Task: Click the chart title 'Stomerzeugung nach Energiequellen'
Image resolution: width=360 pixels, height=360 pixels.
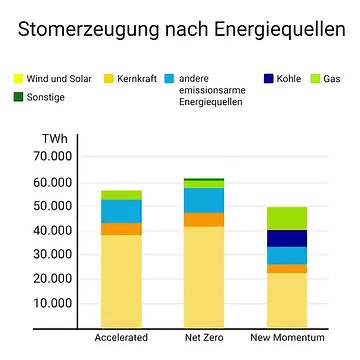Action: pyautogui.click(x=180, y=29)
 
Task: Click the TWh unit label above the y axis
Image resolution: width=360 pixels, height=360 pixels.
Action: pyautogui.click(x=55, y=138)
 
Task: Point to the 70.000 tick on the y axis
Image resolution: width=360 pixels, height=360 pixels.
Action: pyautogui.click(x=53, y=157)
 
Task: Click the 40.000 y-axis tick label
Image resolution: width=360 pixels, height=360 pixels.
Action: pyautogui.click(x=53, y=230)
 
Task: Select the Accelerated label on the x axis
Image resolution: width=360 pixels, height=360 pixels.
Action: pyautogui.click(x=121, y=338)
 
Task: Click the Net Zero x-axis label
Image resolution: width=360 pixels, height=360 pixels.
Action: pyautogui.click(x=204, y=338)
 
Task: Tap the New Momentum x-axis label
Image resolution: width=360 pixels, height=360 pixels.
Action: pyautogui.click(x=287, y=338)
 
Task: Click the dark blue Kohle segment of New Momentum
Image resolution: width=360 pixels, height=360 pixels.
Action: pyautogui.click(x=287, y=238)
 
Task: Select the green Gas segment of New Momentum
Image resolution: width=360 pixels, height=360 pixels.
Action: pyautogui.click(x=287, y=218)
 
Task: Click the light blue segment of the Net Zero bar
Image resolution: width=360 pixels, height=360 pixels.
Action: pyautogui.click(x=204, y=200)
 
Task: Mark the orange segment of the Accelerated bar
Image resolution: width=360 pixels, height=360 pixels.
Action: pyautogui.click(x=121, y=229)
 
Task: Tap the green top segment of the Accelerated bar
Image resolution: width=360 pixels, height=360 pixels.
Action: pyautogui.click(x=121, y=194)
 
